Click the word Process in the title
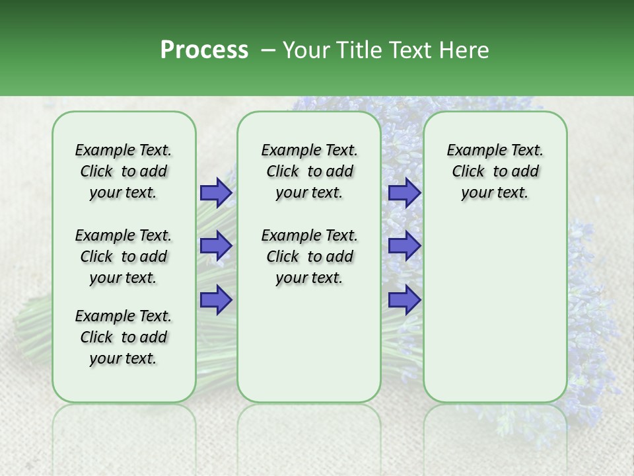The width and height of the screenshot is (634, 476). tap(204, 50)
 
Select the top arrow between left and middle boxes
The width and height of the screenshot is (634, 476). tap(216, 192)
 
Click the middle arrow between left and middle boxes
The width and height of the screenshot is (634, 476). tap(216, 246)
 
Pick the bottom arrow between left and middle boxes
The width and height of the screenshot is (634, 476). tap(216, 299)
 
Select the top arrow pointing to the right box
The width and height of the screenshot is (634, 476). tap(404, 192)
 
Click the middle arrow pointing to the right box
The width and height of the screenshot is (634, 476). tap(404, 246)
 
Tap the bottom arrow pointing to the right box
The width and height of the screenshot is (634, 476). tap(404, 299)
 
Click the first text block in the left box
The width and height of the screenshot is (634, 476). tap(123, 171)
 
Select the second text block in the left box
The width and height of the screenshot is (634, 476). tap(123, 257)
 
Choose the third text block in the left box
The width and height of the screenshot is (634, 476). tap(123, 337)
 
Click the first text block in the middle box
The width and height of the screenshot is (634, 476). tap(309, 171)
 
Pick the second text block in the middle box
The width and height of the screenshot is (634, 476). tap(309, 257)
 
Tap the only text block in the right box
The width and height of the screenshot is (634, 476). tap(495, 171)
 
